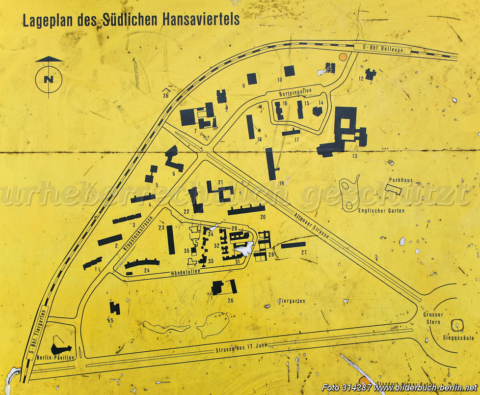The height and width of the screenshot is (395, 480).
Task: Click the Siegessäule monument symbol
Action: coord(458,325)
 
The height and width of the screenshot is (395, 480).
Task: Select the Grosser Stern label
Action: coord(433,318)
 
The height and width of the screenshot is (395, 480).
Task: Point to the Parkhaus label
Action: coord(399,180)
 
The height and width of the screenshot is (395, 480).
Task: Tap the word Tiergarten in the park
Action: coord(292,301)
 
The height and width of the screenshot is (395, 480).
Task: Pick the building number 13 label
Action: coord(354,156)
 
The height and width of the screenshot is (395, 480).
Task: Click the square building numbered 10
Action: coord(290,71)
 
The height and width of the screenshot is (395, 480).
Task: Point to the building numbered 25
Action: coord(115,308)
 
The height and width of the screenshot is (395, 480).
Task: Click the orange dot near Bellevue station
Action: coord(343,57)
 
